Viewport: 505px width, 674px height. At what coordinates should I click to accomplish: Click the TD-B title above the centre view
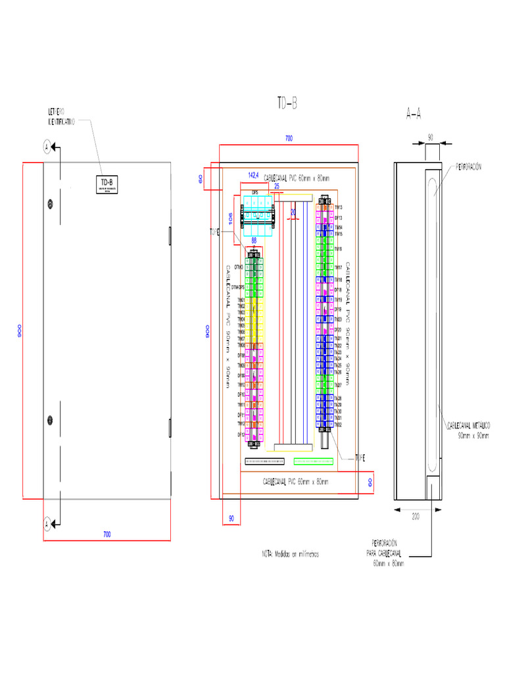click(x=287, y=103)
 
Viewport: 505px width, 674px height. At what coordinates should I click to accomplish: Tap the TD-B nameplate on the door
click(x=106, y=184)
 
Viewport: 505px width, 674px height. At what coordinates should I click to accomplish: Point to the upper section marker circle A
click(x=47, y=146)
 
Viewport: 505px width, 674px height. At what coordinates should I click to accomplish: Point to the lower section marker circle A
click(x=47, y=524)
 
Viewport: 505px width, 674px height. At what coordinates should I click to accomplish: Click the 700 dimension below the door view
click(x=107, y=534)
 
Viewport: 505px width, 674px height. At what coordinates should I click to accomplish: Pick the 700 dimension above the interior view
click(x=289, y=138)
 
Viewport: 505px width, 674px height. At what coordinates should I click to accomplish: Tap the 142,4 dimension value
click(x=253, y=174)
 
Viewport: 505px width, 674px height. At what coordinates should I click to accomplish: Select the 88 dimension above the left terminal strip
click(x=253, y=240)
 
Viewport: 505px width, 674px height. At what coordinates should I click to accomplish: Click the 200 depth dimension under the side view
click(x=416, y=517)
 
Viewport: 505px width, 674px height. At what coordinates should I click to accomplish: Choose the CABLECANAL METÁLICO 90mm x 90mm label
click(x=468, y=430)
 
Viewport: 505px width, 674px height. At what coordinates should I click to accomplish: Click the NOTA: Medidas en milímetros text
click(x=290, y=554)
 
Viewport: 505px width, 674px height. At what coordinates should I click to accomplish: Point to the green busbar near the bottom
click(x=313, y=461)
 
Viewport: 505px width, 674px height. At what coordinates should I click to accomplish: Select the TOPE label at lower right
click(x=360, y=457)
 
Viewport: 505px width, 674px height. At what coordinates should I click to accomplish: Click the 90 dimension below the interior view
click(x=231, y=519)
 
